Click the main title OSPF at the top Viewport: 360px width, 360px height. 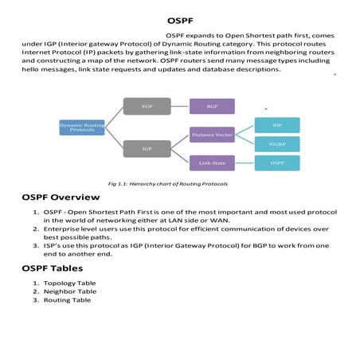coord(179,21)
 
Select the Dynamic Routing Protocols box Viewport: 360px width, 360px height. coord(81,127)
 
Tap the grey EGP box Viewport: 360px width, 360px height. coord(147,105)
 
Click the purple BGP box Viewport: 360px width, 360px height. coord(212,105)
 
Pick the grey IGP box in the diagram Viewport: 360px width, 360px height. coord(147,147)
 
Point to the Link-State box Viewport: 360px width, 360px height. coord(212,162)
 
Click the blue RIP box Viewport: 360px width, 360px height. coord(277,124)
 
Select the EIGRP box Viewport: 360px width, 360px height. coord(277,143)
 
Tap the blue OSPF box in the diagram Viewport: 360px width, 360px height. coord(277,162)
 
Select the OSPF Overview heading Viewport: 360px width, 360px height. coord(61,197)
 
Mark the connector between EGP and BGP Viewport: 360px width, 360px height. coord(178,105)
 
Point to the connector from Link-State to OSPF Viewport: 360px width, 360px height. coord(245,162)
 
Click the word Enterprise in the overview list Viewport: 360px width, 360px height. coord(61,229)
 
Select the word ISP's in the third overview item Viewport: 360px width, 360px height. coord(53,245)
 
